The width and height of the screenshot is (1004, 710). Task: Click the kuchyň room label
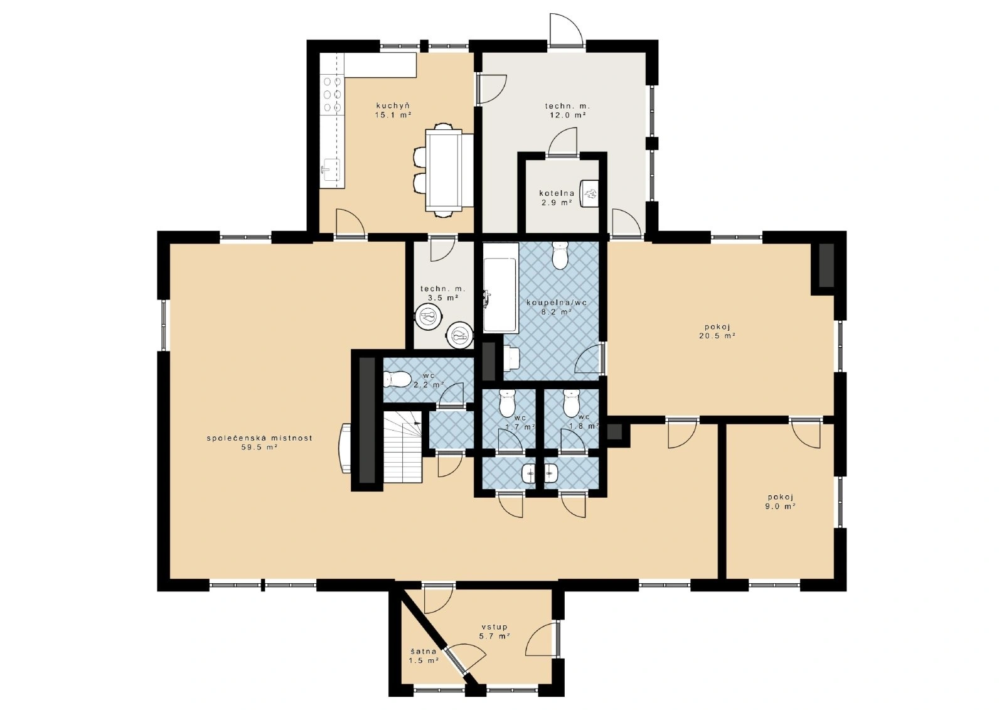click(x=393, y=106)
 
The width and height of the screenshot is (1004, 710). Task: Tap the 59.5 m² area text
click(x=260, y=447)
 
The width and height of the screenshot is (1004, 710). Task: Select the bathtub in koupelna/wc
click(x=501, y=288)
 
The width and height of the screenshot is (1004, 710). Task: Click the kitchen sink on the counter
click(x=331, y=169)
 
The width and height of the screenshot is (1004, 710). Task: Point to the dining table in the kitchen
click(x=444, y=170)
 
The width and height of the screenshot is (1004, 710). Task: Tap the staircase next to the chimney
click(x=403, y=447)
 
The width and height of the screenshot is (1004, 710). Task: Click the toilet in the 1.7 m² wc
click(x=508, y=402)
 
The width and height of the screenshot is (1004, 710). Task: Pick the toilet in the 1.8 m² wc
click(x=572, y=402)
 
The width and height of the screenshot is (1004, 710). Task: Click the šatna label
click(x=424, y=651)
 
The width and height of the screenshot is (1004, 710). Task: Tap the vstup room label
click(x=494, y=627)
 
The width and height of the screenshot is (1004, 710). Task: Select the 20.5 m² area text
click(x=717, y=335)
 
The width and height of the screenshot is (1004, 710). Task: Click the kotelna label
click(x=557, y=193)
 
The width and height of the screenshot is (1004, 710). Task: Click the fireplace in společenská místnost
click(x=345, y=448)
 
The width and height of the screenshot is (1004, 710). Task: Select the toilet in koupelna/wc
click(x=560, y=255)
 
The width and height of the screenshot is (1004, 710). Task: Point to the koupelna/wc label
click(x=557, y=303)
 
